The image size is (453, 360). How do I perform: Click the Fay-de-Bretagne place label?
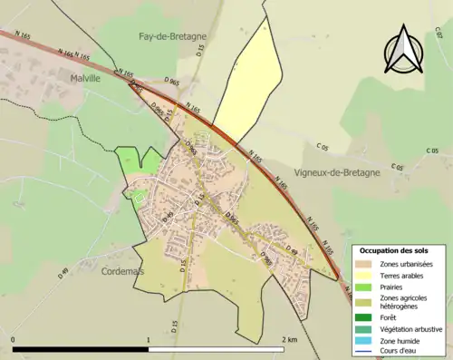tap(171, 36)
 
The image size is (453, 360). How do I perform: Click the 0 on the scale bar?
tap(14, 339)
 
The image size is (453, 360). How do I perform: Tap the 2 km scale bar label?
tap(289, 339)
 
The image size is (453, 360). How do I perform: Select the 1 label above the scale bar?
tap(149, 339)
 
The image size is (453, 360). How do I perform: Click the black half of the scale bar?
tap(81, 348)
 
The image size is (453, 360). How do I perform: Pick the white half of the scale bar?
tap(217, 348)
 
